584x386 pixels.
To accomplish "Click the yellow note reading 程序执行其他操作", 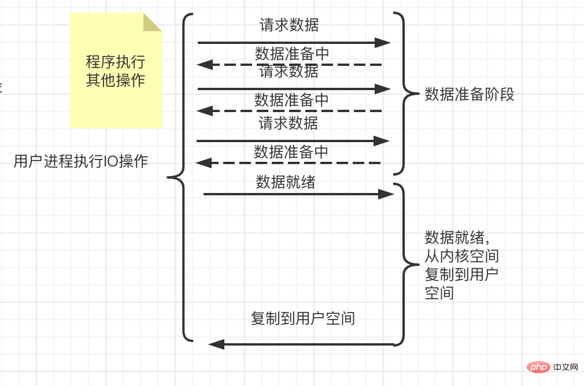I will pyautogui.click(x=115, y=70).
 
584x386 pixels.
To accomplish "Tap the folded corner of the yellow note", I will pyautogui.click(x=152, y=22).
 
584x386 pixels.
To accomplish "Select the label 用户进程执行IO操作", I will pyautogui.click(x=81, y=161).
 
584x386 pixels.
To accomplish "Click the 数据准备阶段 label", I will pyautogui.click(x=470, y=94).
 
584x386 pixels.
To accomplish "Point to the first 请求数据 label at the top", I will pyautogui.click(x=289, y=25).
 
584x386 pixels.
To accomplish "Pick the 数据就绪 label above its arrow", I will pyautogui.click(x=286, y=183).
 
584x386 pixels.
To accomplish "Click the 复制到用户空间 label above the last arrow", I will pyautogui.click(x=302, y=318).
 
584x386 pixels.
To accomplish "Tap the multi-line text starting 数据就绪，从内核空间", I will pyautogui.click(x=461, y=265).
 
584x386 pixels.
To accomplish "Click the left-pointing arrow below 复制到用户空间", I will pyautogui.click(x=301, y=344).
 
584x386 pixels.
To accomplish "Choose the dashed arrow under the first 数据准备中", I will pyautogui.click(x=289, y=65).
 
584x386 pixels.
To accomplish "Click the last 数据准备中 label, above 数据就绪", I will pyautogui.click(x=291, y=152).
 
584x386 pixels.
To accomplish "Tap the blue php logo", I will pyautogui.click(x=538, y=368).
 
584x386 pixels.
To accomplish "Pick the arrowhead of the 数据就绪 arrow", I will pyautogui.click(x=386, y=194).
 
